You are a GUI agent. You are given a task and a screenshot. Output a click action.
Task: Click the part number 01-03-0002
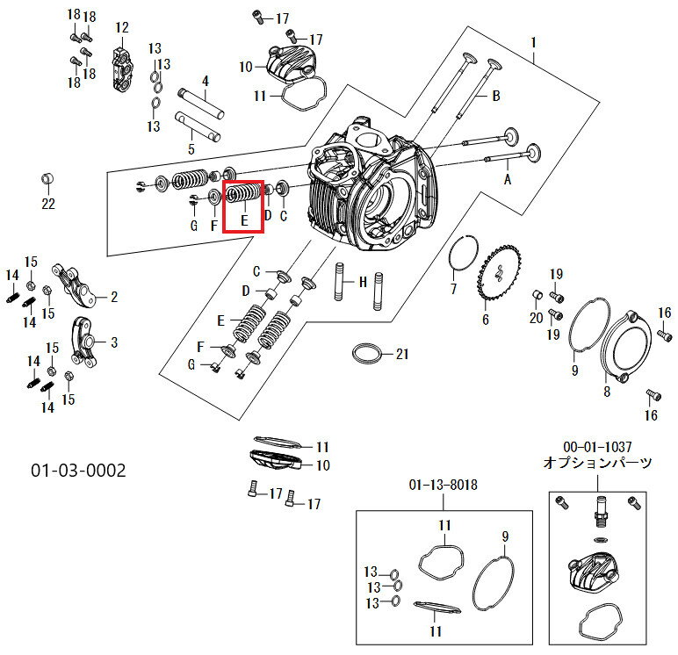78,470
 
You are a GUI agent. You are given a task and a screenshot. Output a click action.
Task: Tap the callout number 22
48,203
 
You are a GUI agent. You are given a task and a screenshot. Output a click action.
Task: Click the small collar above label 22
47,179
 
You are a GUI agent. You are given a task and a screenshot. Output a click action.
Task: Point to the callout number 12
122,28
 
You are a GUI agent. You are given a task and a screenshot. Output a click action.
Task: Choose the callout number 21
402,354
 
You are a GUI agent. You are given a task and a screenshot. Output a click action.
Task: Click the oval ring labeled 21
367,354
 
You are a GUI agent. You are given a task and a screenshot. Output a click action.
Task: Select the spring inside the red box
243,194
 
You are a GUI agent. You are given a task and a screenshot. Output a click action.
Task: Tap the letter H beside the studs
363,283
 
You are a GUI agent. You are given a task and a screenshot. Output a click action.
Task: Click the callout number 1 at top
534,43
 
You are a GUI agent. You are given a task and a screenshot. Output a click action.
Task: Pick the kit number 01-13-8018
444,485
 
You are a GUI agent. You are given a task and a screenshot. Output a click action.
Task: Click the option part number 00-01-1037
597,447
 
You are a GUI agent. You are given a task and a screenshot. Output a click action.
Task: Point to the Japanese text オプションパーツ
597,463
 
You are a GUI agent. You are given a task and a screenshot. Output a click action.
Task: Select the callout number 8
607,392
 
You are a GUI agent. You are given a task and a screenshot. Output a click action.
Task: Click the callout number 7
453,288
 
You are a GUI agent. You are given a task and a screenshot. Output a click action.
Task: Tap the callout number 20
537,318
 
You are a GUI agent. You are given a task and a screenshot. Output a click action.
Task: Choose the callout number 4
206,81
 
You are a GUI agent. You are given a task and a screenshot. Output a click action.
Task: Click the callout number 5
191,149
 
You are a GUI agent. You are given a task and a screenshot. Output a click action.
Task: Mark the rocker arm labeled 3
84,342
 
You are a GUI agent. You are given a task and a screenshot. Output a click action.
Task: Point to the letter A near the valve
508,179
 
